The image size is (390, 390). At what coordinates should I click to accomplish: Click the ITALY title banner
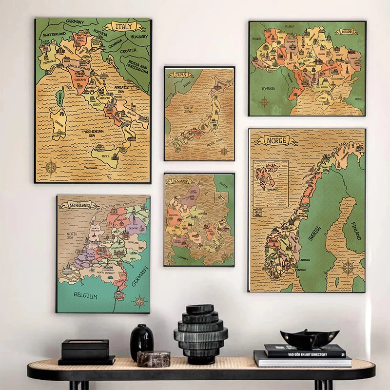click(x=123, y=27)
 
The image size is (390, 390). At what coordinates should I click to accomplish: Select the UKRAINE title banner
click(x=346, y=32)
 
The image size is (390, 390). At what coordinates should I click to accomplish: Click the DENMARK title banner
click(x=181, y=181)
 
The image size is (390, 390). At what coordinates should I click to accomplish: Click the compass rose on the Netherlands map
click(x=140, y=301)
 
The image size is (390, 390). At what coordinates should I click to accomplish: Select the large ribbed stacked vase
click(x=200, y=334)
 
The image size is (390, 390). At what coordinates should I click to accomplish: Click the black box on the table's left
click(x=85, y=350)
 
